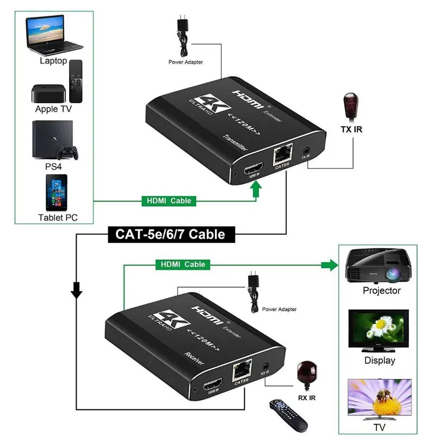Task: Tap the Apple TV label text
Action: pos(53,109)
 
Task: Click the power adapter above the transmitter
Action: pos(182,32)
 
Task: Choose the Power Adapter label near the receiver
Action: pos(279,309)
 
